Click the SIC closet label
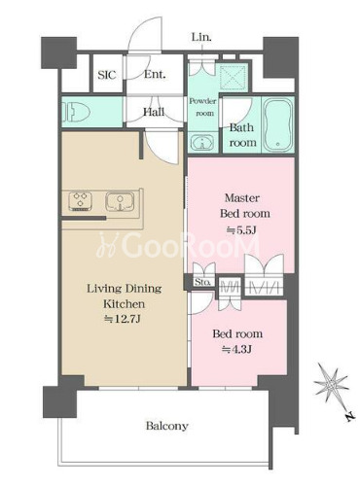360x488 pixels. [107, 75]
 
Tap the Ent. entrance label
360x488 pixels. [155, 74]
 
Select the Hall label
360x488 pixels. [154, 112]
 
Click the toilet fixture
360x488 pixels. [77, 113]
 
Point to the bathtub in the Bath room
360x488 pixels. [277, 124]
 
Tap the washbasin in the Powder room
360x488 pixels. [202, 142]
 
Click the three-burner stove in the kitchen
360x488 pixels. [80, 201]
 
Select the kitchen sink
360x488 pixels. [120, 201]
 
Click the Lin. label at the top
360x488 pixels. [201, 37]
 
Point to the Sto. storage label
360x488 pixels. [202, 282]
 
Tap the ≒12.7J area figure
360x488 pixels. [123, 319]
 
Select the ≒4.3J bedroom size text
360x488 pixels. [237, 349]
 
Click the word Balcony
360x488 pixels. [167, 426]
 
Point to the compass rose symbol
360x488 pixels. [331, 384]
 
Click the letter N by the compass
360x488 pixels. [349, 417]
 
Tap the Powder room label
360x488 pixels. [202, 107]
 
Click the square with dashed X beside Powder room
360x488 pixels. [234, 77]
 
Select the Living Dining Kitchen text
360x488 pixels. [125, 296]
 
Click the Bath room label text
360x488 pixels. [242, 135]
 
